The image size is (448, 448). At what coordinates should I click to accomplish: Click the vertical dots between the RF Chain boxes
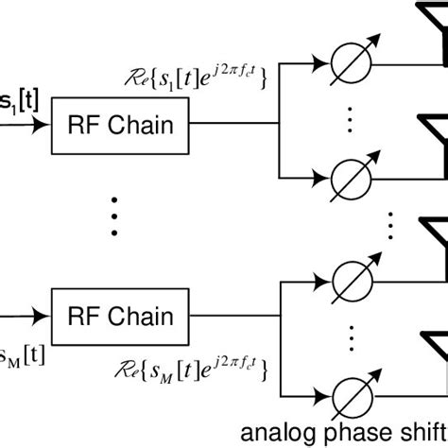coord(114,216)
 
